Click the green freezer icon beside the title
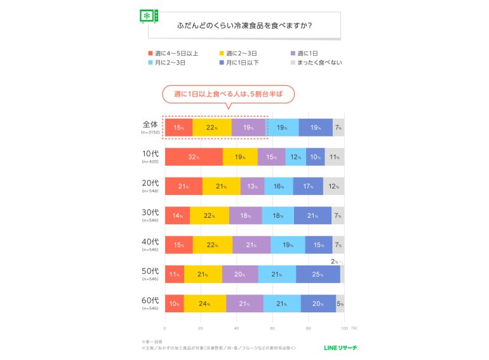tap(149, 17)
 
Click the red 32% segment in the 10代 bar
tap(194, 157)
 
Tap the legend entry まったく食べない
tap(319, 62)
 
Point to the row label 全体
tap(152, 124)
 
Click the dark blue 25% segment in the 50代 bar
tap(318, 274)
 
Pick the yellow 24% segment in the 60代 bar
tap(204, 303)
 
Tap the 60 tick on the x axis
tap(272, 328)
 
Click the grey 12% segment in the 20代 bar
tap(333, 186)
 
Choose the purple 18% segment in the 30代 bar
tap(245, 215)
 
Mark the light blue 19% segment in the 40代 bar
tap(288, 244)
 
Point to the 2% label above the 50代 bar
tap(335, 261)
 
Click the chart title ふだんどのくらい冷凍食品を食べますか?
tap(248, 26)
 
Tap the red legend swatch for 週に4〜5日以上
tap(150, 53)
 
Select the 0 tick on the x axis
tap(165, 328)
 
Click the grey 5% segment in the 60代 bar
tap(340, 303)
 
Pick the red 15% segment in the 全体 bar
tap(178, 128)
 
